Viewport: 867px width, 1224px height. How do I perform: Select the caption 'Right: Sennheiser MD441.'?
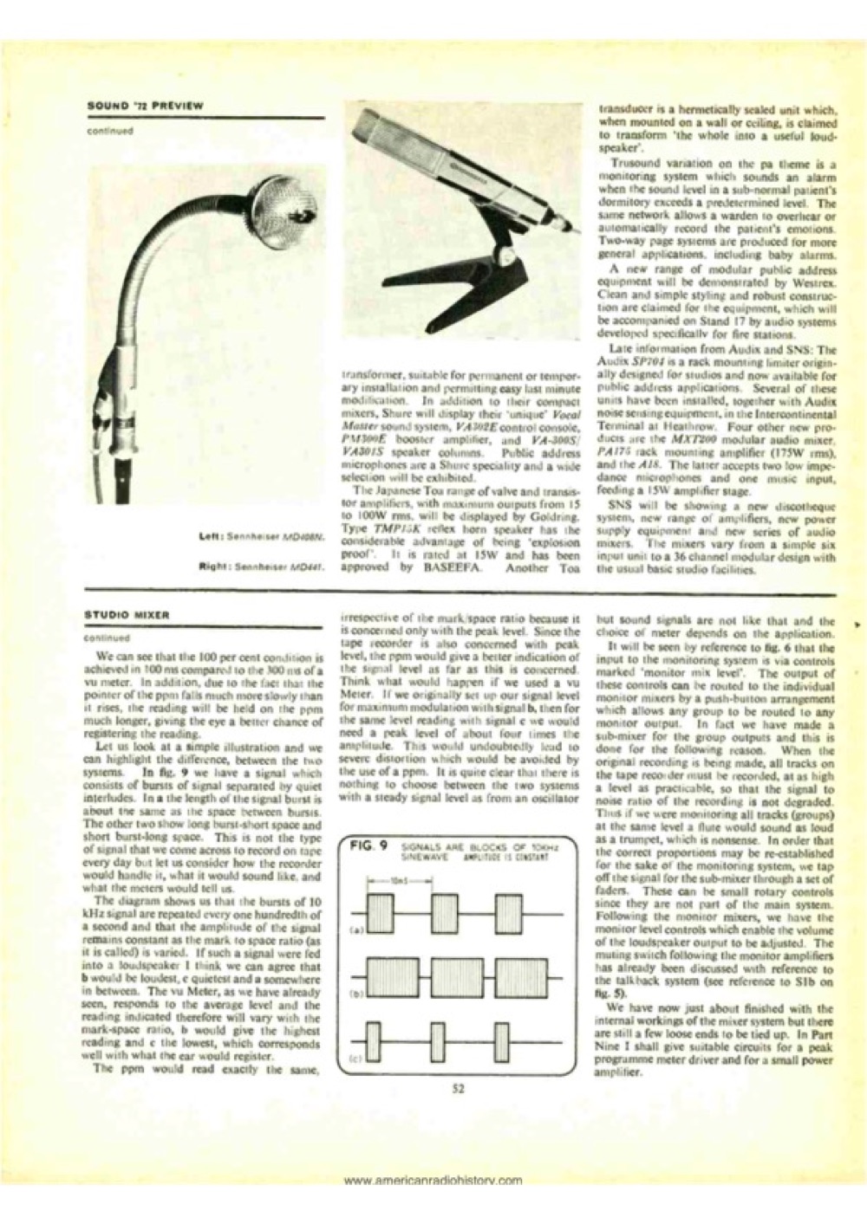259,570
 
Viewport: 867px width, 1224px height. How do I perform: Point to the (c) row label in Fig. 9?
355,1058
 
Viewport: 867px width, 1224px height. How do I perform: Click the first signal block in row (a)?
381,911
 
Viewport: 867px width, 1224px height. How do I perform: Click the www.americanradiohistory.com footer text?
433,1180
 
